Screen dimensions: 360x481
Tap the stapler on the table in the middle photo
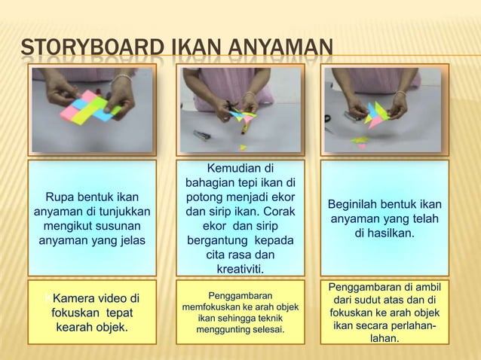coord(201,135)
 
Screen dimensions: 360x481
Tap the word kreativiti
coord(240,269)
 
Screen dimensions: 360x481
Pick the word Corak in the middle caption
coord(277,212)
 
